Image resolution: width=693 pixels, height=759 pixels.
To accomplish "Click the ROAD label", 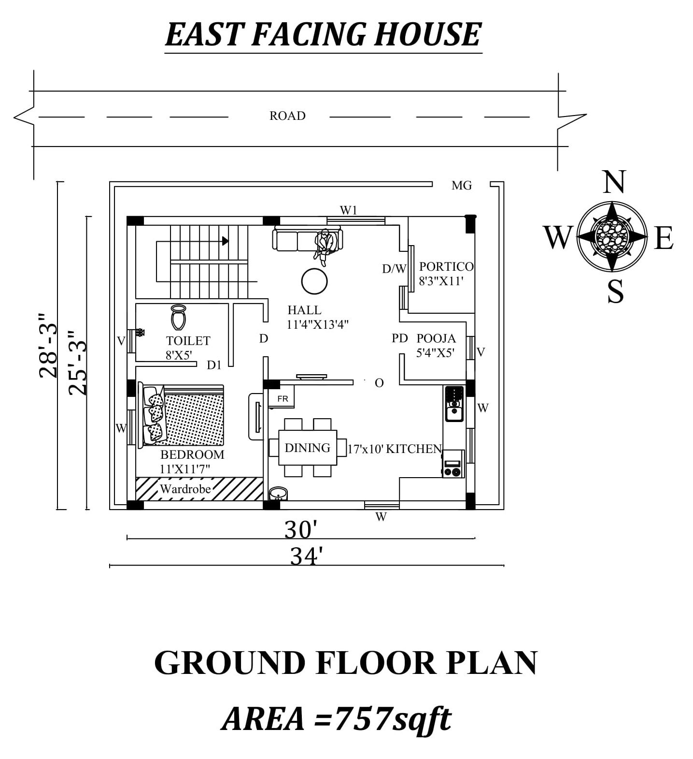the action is pyautogui.click(x=287, y=116).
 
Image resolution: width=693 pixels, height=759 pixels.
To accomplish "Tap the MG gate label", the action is pyautogui.click(x=461, y=185).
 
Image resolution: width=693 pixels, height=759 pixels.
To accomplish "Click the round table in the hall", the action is pyautogui.click(x=314, y=281).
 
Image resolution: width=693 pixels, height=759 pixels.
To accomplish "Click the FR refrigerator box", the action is pyautogui.click(x=283, y=398).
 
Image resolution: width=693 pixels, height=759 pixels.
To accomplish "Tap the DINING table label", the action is pyautogui.click(x=307, y=448).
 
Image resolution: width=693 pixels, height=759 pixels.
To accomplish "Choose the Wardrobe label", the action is pyautogui.click(x=185, y=489).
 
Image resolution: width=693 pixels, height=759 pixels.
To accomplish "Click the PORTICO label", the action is pyautogui.click(x=446, y=266).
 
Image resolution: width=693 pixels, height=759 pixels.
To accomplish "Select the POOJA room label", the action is pyautogui.click(x=436, y=338).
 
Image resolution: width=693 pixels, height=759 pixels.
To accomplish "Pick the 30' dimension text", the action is pyautogui.click(x=300, y=530).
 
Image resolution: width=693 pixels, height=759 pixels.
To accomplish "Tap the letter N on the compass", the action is pyautogui.click(x=613, y=182).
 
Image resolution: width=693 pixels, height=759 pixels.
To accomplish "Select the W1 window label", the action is pyautogui.click(x=348, y=210).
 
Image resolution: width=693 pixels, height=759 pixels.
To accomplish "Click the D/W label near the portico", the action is pyautogui.click(x=394, y=269).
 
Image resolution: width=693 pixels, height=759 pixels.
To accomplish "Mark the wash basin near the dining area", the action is pyautogui.click(x=278, y=494).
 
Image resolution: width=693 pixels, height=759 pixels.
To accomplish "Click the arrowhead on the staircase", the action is pyautogui.click(x=225, y=241).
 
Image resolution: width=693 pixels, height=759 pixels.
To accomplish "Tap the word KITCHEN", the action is pyautogui.click(x=414, y=449).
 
